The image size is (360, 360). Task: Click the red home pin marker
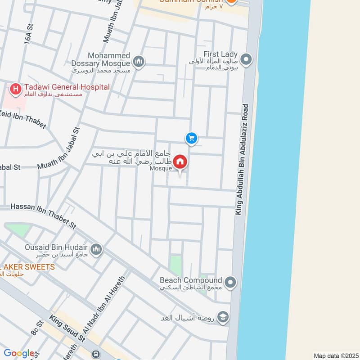click(180, 162)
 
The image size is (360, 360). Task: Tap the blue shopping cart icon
click(191, 138)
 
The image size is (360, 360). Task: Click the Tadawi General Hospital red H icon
click(16, 89)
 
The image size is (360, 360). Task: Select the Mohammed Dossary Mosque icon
click(139, 61)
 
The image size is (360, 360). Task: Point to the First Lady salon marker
click(246, 59)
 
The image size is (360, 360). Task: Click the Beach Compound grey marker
click(230, 283)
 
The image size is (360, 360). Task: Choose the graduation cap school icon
click(223, 318)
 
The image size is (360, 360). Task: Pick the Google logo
click(19, 354)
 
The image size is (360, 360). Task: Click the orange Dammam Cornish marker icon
click(231, 2)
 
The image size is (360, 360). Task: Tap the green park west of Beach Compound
click(175, 265)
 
